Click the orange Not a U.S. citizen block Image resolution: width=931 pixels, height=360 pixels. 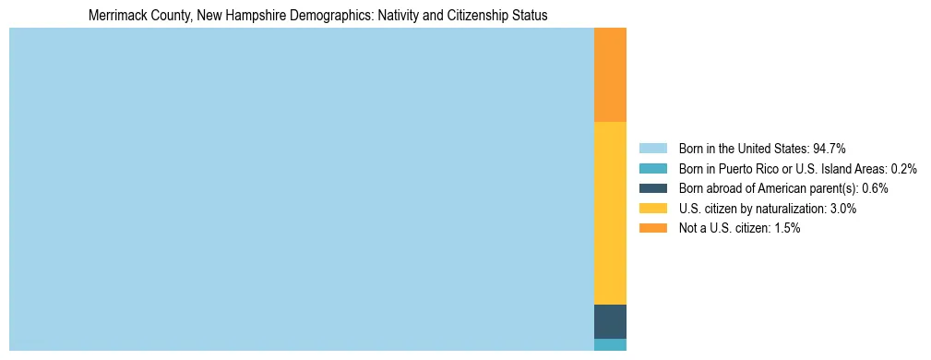tap(610, 75)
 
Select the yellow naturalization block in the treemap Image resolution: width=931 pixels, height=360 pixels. tap(610, 212)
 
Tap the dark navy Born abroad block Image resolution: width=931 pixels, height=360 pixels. tap(610, 321)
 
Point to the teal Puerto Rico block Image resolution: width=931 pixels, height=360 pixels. tap(610, 344)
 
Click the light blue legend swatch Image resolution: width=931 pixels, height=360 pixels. tap(652, 148)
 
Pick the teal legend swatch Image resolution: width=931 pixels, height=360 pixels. tap(652, 168)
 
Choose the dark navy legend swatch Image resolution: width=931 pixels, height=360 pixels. tap(652, 188)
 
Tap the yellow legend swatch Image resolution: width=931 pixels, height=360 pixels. tap(652, 209)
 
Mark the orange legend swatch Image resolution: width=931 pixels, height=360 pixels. tap(652, 229)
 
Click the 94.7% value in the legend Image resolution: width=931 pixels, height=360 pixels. tap(829, 148)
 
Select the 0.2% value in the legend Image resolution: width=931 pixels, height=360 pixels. tap(903, 168)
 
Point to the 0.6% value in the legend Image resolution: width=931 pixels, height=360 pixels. tap(875, 188)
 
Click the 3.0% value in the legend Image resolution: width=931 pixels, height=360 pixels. tap(842, 209)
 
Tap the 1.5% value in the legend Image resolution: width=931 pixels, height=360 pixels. tap(787, 229)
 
